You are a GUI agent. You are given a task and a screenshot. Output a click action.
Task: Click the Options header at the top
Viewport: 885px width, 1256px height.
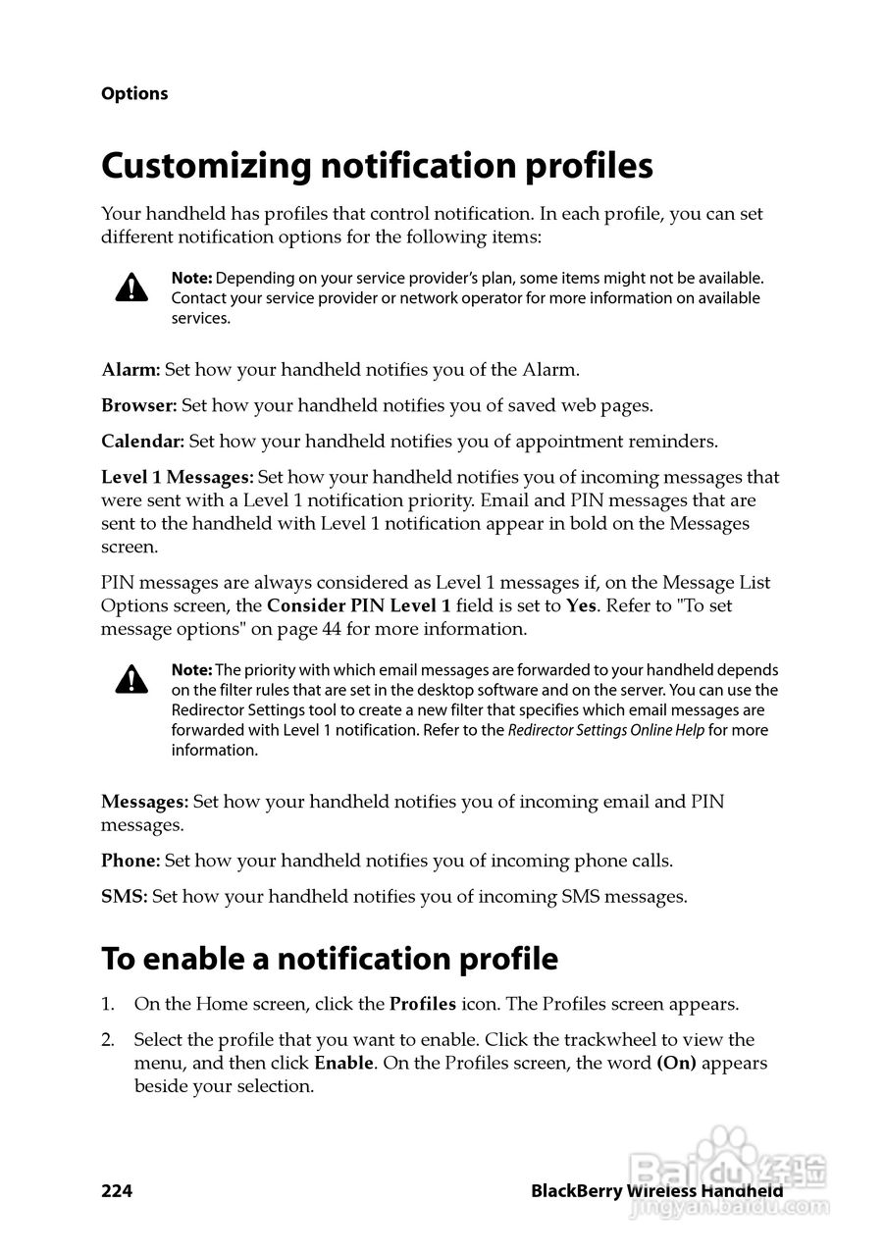[134, 94]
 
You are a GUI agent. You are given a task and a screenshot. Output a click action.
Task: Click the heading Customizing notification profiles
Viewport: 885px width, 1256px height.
[377, 166]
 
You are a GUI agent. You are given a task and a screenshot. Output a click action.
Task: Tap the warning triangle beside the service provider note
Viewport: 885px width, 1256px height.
[131, 287]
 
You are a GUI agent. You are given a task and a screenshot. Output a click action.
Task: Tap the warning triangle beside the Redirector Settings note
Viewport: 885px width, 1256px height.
[131, 678]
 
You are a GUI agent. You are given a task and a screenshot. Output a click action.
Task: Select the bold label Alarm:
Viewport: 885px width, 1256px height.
[130, 370]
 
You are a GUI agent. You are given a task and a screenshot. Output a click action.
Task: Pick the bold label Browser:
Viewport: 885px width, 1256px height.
[138, 405]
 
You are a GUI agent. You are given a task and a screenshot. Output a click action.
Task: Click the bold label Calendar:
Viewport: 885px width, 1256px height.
[142, 442]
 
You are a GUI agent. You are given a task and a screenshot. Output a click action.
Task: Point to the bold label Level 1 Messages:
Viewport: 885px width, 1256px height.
[178, 478]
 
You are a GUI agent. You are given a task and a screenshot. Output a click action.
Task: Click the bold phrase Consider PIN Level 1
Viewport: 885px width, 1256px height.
[359, 605]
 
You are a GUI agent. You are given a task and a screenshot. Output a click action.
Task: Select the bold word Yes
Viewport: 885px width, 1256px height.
[581, 605]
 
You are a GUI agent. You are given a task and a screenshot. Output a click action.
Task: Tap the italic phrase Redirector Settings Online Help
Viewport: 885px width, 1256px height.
[605, 730]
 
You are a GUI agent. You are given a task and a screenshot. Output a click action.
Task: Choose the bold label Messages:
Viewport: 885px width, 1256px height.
[144, 802]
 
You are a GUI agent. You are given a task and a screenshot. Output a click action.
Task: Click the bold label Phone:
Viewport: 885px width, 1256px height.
[130, 862]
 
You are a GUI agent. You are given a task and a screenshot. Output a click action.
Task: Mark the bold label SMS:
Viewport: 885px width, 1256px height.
[124, 897]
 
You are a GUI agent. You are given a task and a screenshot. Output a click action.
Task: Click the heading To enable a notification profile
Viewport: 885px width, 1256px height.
[330, 959]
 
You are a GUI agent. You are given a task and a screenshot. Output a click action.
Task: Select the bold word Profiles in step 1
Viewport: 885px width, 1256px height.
[423, 1005]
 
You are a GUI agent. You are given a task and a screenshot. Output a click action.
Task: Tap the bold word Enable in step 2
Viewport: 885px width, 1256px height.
[343, 1064]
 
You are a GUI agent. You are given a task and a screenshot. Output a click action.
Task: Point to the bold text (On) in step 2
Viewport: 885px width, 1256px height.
[676, 1064]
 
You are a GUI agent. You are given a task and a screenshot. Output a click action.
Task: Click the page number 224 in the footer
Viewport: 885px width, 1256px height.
[117, 1191]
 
